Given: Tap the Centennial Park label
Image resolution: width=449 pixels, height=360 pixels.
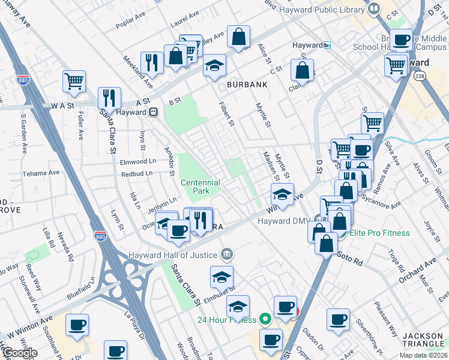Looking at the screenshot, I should coord(200,187).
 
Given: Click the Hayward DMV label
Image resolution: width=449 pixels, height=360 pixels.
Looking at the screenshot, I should coord(282,221).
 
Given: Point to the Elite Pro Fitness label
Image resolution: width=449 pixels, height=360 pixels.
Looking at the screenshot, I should coord(379,233).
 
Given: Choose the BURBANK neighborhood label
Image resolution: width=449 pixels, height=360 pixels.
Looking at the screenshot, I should coord(247,85).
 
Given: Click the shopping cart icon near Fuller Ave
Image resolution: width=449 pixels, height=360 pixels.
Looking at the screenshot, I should coord(74,81).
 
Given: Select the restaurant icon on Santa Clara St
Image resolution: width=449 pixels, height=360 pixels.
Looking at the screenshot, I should coord(109,98).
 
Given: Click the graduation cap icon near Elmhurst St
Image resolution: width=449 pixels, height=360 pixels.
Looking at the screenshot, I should coord(221,277).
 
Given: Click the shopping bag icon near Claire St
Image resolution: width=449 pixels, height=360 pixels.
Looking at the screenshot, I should coord(302,70).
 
